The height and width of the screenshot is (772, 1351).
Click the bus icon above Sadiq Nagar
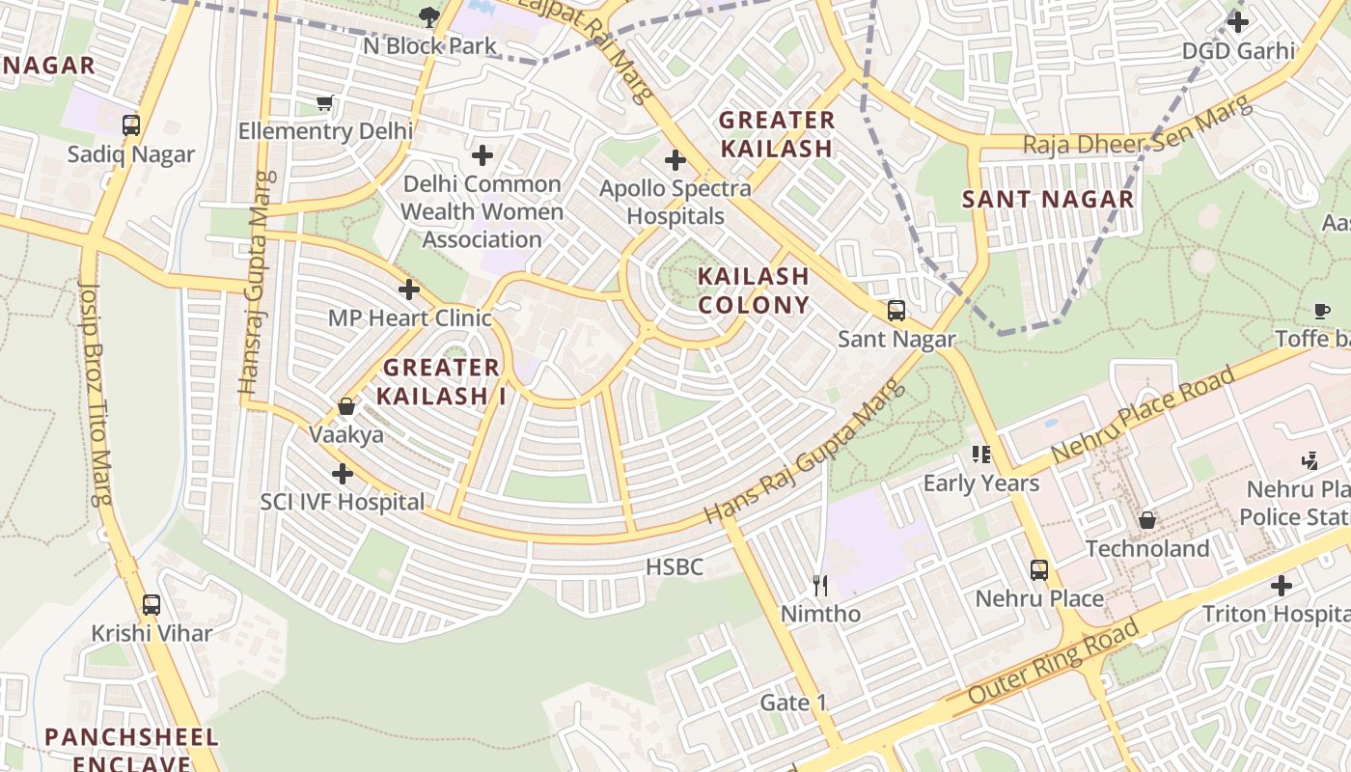click(130, 125)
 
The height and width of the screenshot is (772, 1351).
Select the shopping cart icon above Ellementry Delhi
click(325, 102)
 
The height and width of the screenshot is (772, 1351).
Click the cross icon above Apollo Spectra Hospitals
click(675, 160)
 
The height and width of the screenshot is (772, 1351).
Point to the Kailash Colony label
click(753, 290)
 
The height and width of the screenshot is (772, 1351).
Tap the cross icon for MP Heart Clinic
click(409, 289)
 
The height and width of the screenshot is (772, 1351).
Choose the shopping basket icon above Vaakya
click(345, 406)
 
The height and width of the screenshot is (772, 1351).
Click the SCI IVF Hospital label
click(342, 502)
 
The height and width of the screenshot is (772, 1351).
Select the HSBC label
click(675, 566)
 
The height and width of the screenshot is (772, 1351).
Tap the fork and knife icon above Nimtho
click(820, 585)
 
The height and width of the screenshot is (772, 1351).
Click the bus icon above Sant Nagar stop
click(896, 311)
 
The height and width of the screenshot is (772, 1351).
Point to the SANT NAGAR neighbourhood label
click(1048, 200)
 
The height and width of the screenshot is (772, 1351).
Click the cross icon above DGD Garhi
click(1238, 21)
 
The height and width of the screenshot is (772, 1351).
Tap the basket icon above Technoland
click(1147, 520)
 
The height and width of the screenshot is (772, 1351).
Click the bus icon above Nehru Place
click(1038, 569)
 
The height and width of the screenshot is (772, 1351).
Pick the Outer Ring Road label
click(1053, 663)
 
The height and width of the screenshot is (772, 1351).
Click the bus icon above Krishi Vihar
click(152, 605)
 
